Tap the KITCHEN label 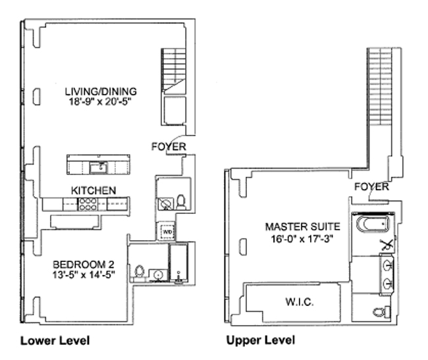[94, 190]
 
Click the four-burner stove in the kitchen [86, 205]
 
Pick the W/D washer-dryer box [167, 232]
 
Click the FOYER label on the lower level [169, 147]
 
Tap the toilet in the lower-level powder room [182, 201]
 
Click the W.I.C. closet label [300, 302]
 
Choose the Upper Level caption [260, 340]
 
